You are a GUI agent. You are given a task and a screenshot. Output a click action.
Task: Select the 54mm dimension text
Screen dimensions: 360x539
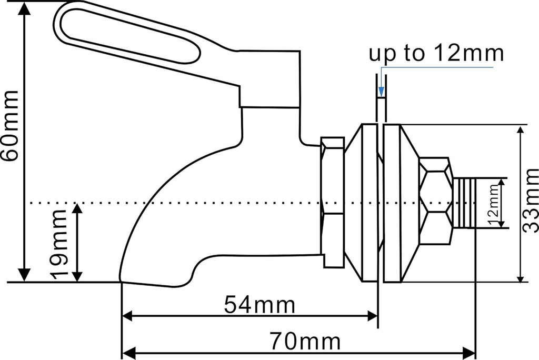point(259,305)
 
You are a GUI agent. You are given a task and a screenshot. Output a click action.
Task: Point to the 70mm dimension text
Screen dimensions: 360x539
point(305,342)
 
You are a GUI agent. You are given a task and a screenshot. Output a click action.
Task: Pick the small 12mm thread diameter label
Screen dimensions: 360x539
point(493,203)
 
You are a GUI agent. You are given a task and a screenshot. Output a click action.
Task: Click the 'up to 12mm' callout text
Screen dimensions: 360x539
point(436,53)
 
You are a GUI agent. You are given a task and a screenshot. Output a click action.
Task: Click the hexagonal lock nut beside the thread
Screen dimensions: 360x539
point(435,201)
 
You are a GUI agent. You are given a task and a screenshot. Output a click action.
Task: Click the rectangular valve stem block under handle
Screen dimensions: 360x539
point(270,79)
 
